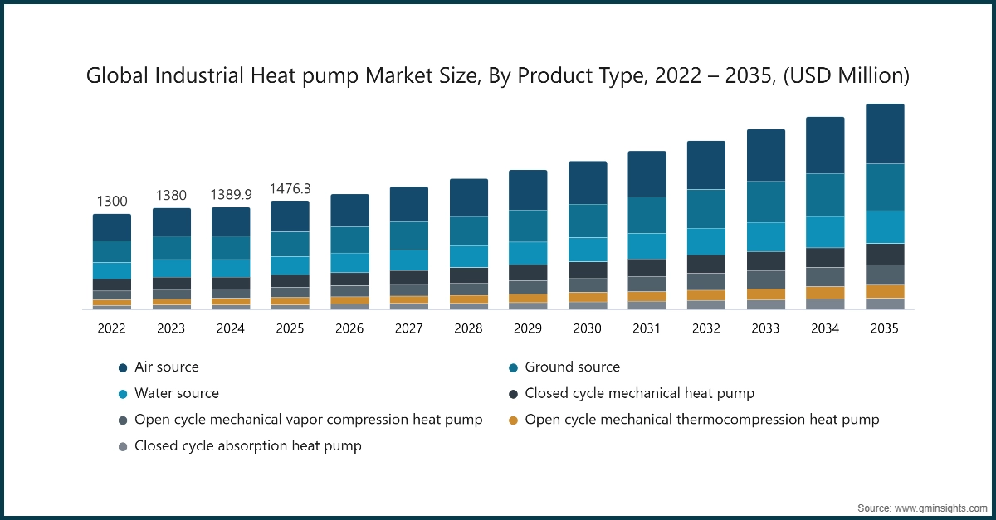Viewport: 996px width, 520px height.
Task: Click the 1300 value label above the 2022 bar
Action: click(x=112, y=202)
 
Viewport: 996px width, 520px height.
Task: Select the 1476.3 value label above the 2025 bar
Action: click(x=290, y=189)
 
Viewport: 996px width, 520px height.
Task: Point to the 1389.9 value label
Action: click(x=231, y=195)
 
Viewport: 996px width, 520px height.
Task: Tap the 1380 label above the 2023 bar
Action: click(x=171, y=196)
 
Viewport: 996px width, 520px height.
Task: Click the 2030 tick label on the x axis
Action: click(x=587, y=328)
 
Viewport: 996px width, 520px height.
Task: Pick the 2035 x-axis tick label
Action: click(x=885, y=328)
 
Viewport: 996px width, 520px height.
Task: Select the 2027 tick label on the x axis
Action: click(x=408, y=328)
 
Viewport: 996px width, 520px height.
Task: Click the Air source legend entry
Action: click(x=166, y=367)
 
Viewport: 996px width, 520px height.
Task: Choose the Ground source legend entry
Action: click(x=572, y=367)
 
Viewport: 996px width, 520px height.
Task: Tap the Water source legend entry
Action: click(x=176, y=393)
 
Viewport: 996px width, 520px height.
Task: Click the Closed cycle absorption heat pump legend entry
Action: click(x=247, y=445)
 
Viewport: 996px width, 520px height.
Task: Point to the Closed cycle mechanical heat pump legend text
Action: click(x=639, y=393)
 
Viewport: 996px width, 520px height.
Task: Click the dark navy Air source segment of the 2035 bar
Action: click(x=885, y=134)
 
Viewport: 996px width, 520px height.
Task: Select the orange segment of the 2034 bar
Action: click(x=825, y=293)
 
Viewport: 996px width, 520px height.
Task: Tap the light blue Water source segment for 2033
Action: click(x=765, y=237)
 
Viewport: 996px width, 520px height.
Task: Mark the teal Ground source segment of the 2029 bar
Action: click(x=528, y=226)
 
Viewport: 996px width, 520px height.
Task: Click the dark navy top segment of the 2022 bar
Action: click(x=112, y=227)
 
